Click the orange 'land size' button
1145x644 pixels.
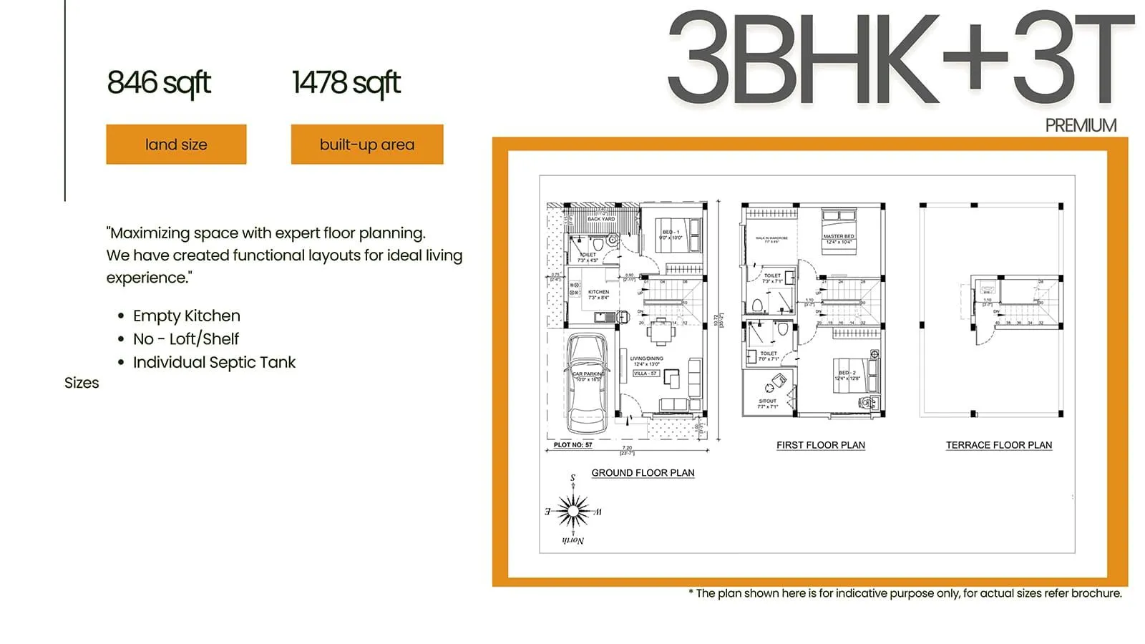pos(176,145)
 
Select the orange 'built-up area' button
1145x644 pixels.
pos(367,145)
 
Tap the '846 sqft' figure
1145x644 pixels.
pos(159,83)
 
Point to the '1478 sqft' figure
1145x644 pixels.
pos(346,83)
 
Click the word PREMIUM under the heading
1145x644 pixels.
pos(1081,126)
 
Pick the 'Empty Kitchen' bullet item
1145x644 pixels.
pos(186,316)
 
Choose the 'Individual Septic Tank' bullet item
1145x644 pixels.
pos(214,362)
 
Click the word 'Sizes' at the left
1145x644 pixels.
pos(82,383)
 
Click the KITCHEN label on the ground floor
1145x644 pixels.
pos(598,292)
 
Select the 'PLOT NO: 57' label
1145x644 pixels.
pos(573,445)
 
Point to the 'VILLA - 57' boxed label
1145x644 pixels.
pos(645,374)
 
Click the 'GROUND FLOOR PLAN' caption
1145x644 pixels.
pos(643,473)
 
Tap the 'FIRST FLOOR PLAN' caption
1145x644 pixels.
pos(821,445)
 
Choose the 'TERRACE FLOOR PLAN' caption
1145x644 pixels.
pos(999,445)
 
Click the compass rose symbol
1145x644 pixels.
pos(573,511)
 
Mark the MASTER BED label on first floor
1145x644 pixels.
pos(839,236)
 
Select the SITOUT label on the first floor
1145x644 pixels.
pos(767,401)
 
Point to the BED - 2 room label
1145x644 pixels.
pos(847,373)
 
